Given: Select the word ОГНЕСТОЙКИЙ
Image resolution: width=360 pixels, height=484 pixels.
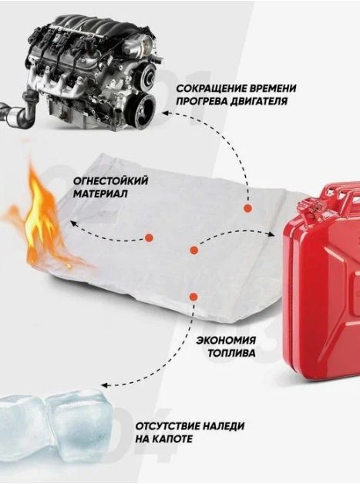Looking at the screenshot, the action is coord(110,181).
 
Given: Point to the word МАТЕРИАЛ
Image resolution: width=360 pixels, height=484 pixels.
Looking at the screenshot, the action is coord(100,194).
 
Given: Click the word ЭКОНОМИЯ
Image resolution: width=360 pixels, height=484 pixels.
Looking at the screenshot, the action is coord(227,340).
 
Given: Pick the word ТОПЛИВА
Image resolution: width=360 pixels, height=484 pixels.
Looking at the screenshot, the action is coord(232,353).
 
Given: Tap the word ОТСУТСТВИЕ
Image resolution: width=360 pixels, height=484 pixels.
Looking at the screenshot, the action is coord(167,426).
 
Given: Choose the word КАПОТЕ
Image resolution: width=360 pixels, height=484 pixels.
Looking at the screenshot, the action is coord(171,439).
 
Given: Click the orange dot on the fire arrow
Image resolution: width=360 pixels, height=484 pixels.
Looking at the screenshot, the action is coord(149,237).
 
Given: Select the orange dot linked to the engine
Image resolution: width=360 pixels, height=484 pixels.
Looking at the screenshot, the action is coord(247,208).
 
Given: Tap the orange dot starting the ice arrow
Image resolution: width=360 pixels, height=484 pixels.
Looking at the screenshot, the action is coord(193,297).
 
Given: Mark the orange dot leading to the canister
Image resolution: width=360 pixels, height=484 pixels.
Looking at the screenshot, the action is coord(194,250).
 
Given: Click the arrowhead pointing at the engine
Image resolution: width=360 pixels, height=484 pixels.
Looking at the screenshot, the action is coord(166,113).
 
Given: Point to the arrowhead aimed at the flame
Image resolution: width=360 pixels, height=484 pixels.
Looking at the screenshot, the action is coord(73,222).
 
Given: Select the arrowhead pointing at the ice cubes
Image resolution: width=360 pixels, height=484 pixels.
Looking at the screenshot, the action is coord(105,385).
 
